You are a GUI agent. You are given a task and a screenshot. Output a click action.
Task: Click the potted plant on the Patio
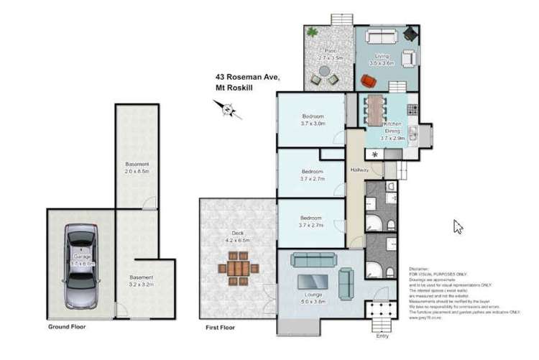click(313, 32)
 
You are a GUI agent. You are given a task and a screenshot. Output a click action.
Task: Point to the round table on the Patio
click(326, 73)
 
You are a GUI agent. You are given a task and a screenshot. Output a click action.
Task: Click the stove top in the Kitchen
click(413, 110)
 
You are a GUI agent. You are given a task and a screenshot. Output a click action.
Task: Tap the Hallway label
click(359, 170)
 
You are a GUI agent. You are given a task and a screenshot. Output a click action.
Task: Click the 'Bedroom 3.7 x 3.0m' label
click(313, 120)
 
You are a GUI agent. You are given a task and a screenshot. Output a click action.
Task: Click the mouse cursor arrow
click(457, 226)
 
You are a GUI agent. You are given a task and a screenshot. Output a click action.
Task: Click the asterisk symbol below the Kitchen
click(374, 154)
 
